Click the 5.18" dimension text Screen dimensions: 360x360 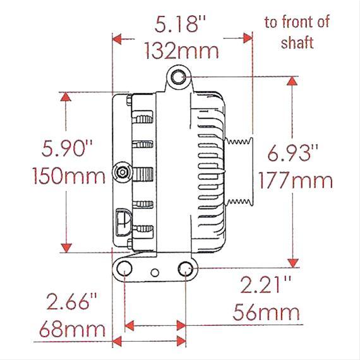(x=182, y=27)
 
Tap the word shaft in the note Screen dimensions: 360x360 (x=298, y=44)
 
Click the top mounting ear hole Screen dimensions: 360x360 (x=179, y=78)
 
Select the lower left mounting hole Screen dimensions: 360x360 (x=125, y=270)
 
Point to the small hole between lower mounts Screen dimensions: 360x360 (x=155, y=273)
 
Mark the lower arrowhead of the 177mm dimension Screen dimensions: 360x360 (x=292, y=261)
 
